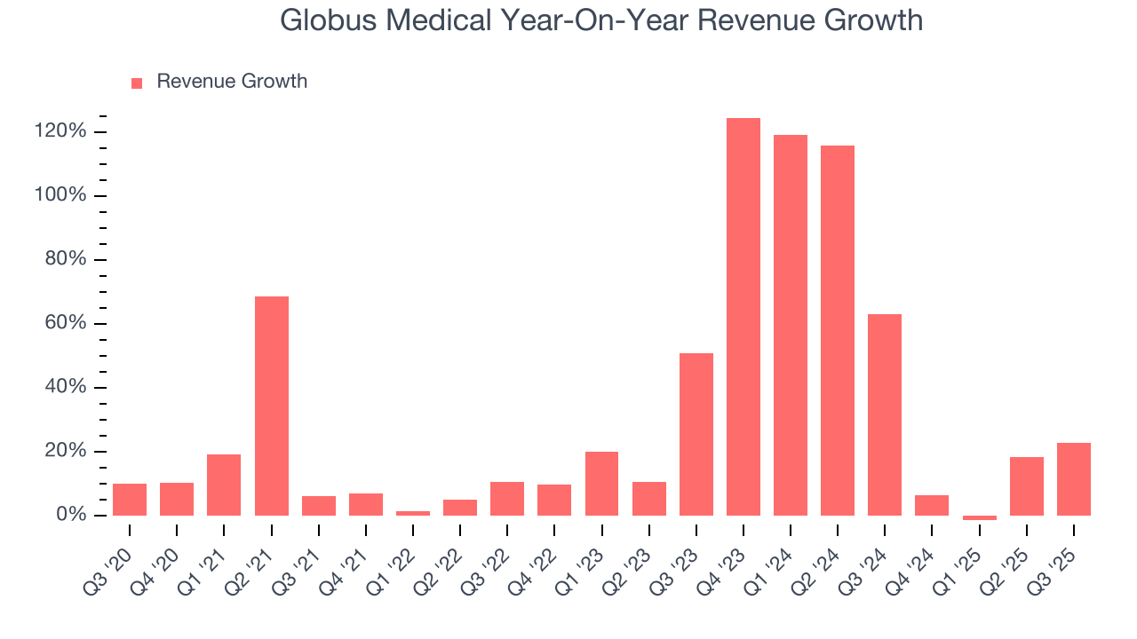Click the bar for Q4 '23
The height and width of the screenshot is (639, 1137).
743,317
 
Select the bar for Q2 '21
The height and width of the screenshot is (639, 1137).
272,406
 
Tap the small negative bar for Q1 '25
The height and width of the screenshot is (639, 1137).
980,517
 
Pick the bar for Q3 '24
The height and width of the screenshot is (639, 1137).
885,414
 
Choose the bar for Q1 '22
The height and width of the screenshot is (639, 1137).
413,513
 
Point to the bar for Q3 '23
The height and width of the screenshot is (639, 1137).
696,434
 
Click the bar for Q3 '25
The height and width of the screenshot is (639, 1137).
1074,479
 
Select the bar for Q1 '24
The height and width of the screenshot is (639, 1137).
791,325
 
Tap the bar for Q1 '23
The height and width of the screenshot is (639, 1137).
602,484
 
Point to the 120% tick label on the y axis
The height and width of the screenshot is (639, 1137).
61,131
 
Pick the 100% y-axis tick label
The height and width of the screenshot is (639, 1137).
61,195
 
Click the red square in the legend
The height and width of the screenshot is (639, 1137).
137,83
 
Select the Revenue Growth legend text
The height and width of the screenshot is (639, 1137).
232,82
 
